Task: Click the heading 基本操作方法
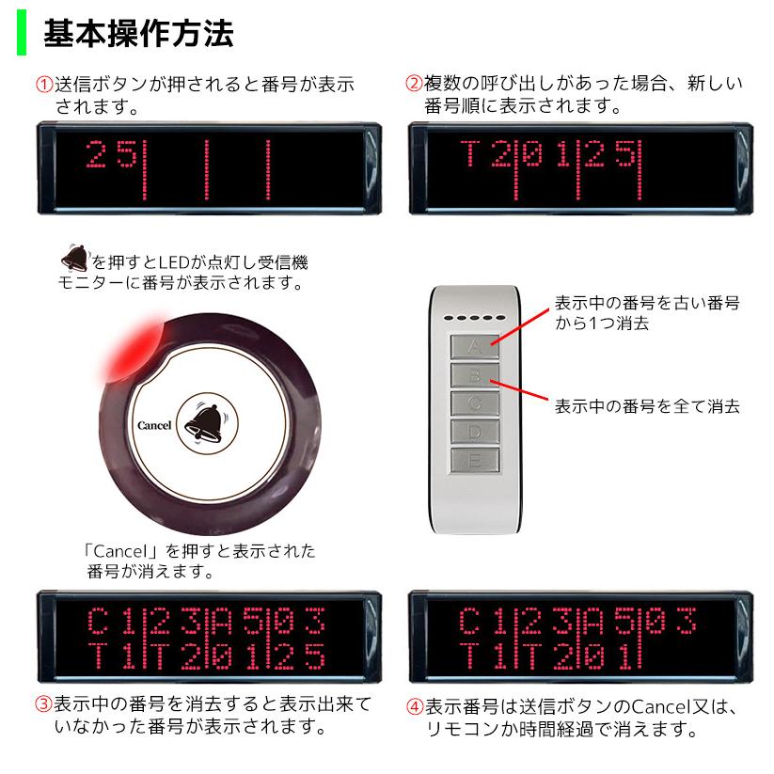(138, 34)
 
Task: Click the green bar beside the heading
(22, 34)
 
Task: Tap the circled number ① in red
(43, 84)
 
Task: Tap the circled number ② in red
(414, 84)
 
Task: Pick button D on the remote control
(475, 432)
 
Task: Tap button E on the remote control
(475, 460)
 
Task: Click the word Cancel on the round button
(154, 425)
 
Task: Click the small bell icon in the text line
(72, 257)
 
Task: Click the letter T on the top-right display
(470, 153)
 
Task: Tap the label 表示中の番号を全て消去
(646, 406)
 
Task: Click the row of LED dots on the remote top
(476, 318)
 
